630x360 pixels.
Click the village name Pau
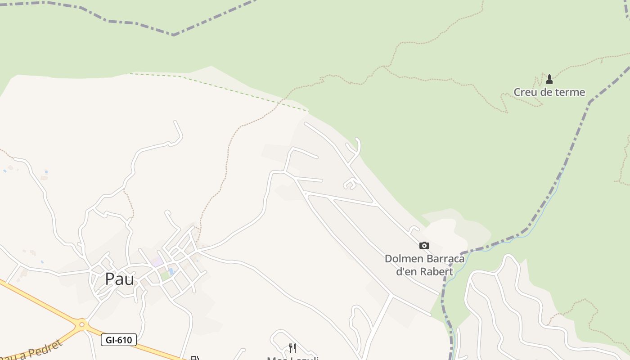click(119, 279)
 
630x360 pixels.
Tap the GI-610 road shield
click(119, 340)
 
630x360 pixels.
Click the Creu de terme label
click(549, 92)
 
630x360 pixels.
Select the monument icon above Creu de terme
click(549, 79)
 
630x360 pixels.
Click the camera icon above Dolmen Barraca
click(424, 245)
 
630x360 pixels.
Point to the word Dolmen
click(404, 259)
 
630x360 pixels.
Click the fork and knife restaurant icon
click(292, 348)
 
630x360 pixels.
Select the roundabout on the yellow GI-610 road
click(81, 324)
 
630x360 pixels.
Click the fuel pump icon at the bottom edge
click(194, 358)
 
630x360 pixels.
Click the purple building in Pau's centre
click(157, 261)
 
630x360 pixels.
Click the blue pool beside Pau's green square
click(171, 271)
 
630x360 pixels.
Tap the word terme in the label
click(569, 92)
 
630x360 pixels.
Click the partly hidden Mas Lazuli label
click(292, 358)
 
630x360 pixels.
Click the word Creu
click(525, 92)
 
